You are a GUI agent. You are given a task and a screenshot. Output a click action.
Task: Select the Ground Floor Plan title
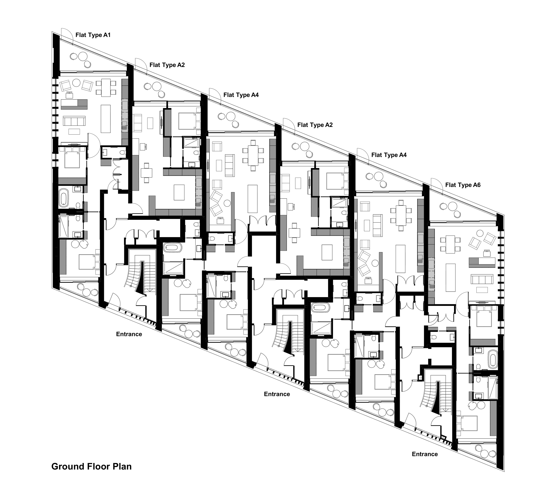[x=92, y=466]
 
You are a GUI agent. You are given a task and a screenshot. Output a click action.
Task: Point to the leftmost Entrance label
[x=129, y=334]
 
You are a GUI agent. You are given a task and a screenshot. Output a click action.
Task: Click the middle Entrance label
[x=277, y=394]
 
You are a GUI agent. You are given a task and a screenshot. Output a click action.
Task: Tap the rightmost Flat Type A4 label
[x=389, y=155]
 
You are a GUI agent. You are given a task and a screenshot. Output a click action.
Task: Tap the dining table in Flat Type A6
[x=450, y=244]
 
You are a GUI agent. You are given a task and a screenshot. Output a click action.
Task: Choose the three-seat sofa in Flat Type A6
[x=481, y=279]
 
